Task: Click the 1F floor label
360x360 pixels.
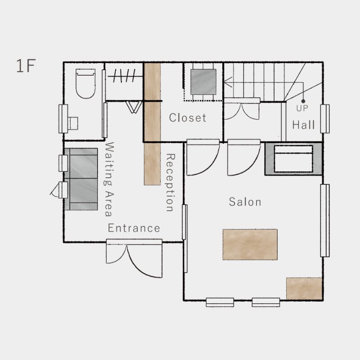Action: [x=26, y=66]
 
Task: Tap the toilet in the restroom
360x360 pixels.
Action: [x=85, y=84]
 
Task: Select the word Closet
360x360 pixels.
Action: [x=188, y=117]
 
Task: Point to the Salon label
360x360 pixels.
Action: [x=245, y=202]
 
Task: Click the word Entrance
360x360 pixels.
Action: [x=134, y=228]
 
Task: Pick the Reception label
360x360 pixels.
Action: [x=171, y=183]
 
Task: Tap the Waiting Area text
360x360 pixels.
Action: [x=109, y=179]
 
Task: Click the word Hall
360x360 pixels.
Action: [x=303, y=125]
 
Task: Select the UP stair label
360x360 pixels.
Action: [x=302, y=108]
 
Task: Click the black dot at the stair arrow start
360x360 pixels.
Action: [x=303, y=101]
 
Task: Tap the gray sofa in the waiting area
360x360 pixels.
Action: [x=81, y=179]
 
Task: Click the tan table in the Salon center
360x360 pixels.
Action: [x=250, y=244]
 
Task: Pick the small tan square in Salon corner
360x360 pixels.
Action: [x=304, y=288]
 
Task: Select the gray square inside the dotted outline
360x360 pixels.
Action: [x=203, y=82]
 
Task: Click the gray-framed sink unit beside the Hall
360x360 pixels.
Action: [x=294, y=159]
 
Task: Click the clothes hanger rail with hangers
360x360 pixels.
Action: [x=124, y=76]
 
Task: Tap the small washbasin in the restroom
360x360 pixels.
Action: [x=73, y=123]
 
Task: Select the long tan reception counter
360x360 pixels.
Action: [x=152, y=124]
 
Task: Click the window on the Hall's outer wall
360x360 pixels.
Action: [x=325, y=119]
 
